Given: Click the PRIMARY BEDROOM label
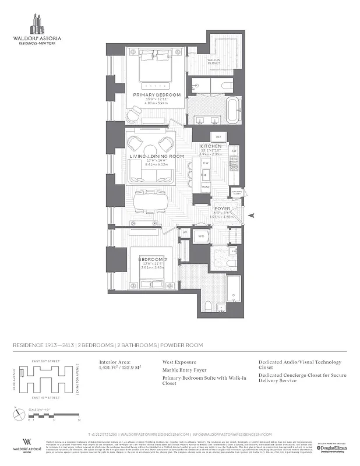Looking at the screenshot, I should point(157,94).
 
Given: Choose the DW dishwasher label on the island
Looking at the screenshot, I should point(205,164).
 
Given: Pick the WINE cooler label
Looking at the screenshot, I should point(205,188).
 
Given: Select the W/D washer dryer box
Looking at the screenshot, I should point(201,236).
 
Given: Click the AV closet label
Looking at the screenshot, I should point(185,232).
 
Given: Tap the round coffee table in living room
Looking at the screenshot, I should point(150,148).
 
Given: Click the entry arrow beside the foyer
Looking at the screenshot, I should point(251,216).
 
